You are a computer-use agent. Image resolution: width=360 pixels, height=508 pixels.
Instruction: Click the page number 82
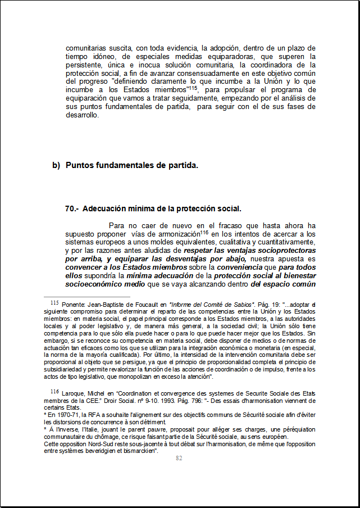coord(179,458)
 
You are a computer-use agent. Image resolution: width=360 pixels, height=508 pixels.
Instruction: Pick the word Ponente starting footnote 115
coord(73,305)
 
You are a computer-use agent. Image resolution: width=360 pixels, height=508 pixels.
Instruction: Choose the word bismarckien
coord(142,451)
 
